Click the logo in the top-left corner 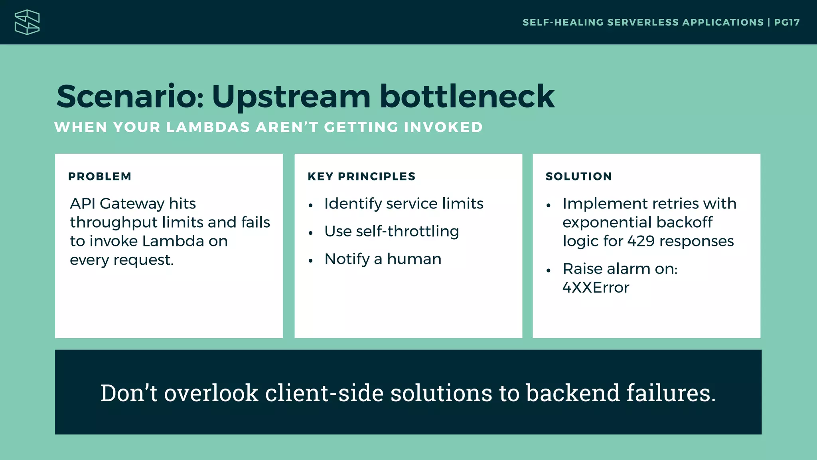coord(27,22)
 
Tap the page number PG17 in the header coord(787,22)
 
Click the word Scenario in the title coord(130,97)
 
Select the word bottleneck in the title coord(467,97)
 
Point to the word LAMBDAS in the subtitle coord(208,127)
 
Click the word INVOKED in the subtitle coord(443,127)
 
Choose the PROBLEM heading coord(100,176)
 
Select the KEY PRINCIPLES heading coord(361,176)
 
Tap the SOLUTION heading coord(578,176)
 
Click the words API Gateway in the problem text coord(116,204)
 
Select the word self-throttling coord(407,232)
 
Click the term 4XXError coord(596,288)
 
